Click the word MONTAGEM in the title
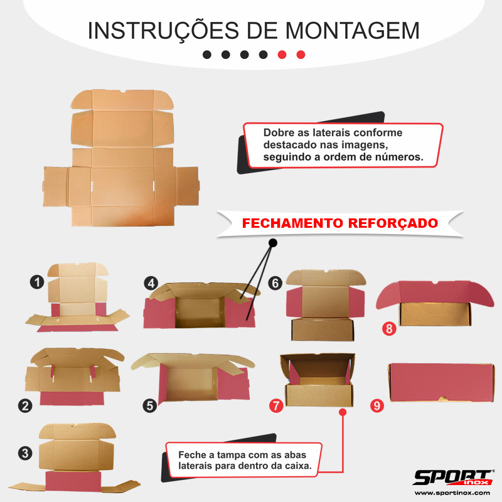[352, 31]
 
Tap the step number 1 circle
[37, 282]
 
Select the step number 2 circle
[25, 406]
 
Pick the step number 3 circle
[25, 453]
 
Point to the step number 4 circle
[151, 284]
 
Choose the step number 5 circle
[150, 406]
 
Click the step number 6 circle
[275, 284]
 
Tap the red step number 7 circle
[276, 406]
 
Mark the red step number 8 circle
[389, 329]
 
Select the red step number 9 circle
[377, 405]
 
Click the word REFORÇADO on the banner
[393, 223]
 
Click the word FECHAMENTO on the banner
[292, 223]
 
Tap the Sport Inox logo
[453, 478]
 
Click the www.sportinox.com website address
[452, 493]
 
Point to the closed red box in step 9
[441, 383]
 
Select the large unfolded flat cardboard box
[121, 158]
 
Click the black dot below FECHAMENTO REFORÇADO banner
[273, 243]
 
